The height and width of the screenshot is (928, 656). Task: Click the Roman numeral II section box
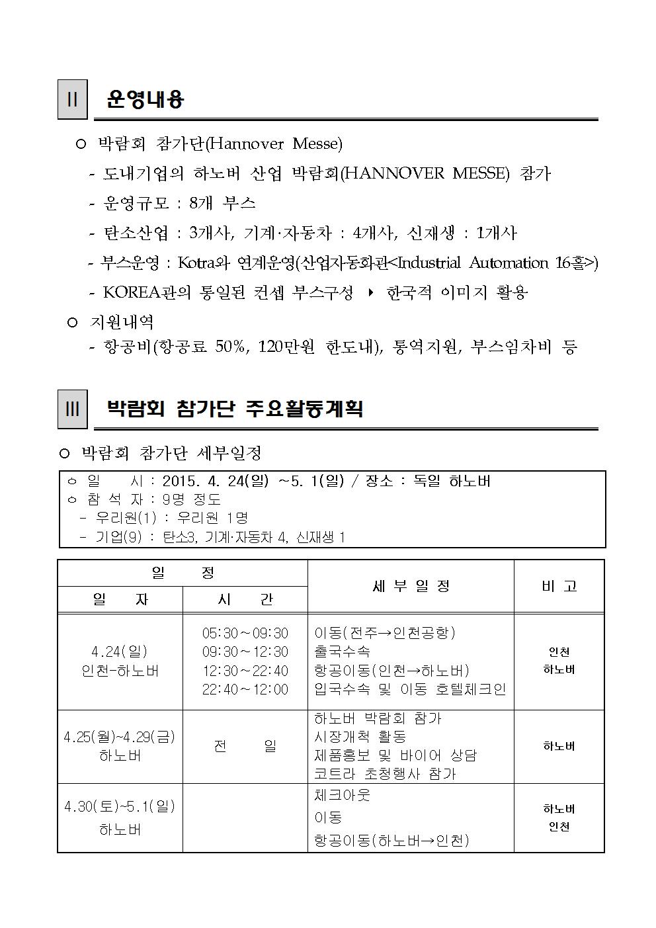click(72, 100)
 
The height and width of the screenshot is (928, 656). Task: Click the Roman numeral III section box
click(72, 409)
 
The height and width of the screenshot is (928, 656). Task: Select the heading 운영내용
click(145, 100)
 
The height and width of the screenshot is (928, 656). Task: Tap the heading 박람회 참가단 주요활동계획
click(235, 409)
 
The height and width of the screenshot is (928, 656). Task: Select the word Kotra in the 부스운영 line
click(196, 263)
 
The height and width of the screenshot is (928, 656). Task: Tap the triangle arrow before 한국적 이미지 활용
click(370, 292)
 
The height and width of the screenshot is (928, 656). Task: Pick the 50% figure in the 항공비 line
click(229, 347)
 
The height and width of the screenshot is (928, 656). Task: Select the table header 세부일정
click(411, 586)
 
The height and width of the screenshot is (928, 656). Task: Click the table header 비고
click(559, 586)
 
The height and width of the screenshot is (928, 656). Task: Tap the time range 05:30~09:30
click(245, 634)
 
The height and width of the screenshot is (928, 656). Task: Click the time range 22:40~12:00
click(245, 689)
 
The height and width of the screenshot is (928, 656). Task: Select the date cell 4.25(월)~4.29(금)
click(120, 737)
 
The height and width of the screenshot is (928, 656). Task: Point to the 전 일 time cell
click(245, 746)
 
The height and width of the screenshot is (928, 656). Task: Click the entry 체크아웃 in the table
click(342, 795)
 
